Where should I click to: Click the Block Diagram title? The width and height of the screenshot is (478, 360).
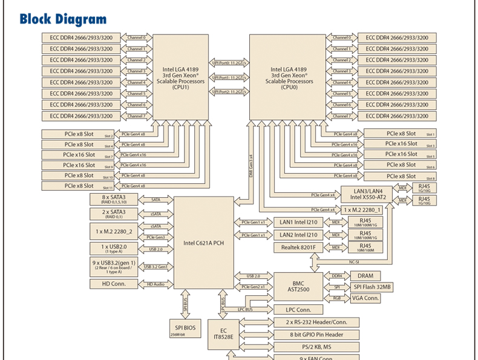click(x=63, y=19)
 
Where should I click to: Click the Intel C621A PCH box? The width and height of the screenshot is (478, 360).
click(x=203, y=243)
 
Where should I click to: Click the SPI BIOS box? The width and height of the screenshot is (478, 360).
click(x=184, y=330)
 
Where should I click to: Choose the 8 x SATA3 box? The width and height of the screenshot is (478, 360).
click(x=114, y=200)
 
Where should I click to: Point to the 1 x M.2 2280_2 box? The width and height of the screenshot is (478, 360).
click(x=114, y=231)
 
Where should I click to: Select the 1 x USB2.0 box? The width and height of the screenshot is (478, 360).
click(x=114, y=249)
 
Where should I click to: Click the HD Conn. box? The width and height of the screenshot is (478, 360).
click(x=114, y=284)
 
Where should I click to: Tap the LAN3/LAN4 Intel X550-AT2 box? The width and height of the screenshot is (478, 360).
click(x=367, y=194)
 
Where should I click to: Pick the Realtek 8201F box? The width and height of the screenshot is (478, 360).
click(x=298, y=247)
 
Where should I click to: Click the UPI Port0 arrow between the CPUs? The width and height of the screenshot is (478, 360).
click(x=229, y=63)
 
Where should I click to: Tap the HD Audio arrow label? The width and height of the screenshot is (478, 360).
click(x=155, y=284)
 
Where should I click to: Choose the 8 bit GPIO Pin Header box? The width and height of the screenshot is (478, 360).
click(x=316, y=334)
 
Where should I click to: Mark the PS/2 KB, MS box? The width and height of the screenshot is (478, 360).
click(x=316, y=347)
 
